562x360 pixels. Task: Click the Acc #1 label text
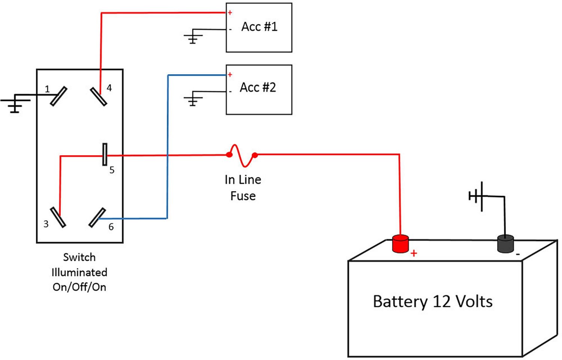click(259, 27)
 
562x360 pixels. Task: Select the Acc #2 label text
click(258, 87)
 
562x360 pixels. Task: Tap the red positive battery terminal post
click(400, 244)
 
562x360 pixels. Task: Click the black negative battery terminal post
click(505, 244)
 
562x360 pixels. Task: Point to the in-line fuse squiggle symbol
click(242, 155)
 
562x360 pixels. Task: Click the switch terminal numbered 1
click(58, 96)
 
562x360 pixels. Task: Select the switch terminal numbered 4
click(99, 96)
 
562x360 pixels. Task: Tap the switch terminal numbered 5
click(105, 154)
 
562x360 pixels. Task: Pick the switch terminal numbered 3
click(58, 217)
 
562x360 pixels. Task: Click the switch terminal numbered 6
click(97, 217)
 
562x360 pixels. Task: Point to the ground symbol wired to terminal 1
click(15, 103)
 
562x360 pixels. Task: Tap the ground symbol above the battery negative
click(477, 196)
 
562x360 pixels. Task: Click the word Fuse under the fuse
click(243, 196)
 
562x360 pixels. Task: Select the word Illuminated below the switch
click(79, 272)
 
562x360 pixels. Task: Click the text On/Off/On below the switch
click(79, 287)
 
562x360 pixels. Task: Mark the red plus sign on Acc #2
click(230, 75)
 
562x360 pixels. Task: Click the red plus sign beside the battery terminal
click(414, 253)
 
